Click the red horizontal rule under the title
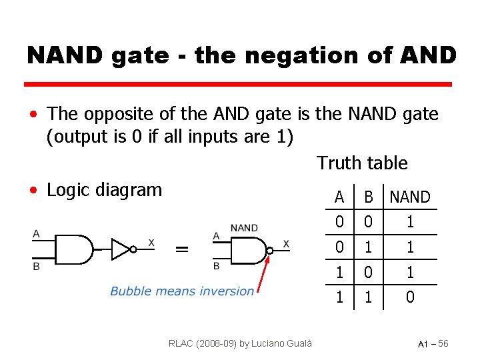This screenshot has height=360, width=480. tap(238, 85)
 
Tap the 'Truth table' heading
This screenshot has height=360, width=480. tap(362, 163)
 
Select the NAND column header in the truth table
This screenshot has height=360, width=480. tap(410, 197)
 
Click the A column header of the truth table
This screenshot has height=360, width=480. tap(339, 197)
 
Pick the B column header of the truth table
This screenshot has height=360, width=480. tap(368, 197)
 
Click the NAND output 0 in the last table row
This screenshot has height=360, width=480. tap(410, 297)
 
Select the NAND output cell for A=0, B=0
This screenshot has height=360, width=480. tap(410, 221)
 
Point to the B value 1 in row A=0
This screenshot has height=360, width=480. tap(368, 247)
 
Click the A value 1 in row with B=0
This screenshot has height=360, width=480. tap(339, 272)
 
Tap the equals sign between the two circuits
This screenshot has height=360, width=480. tap(181, 248)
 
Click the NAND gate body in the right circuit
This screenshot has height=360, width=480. tap(248, 251)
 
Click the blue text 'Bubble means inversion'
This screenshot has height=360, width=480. tap(181, 291)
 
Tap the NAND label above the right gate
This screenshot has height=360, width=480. tap(244, 228)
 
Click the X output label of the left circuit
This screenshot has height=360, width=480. tap(151, 243)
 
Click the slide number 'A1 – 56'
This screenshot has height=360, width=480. tap(433, 343)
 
